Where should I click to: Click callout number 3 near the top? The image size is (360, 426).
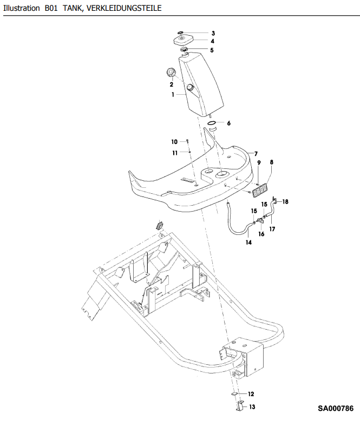[213, 33]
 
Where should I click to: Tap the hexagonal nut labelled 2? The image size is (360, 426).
[171, 73]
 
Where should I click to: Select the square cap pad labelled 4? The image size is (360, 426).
[183, 41]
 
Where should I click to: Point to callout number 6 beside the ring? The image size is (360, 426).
[229, 123]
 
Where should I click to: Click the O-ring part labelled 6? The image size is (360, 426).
[212, 123]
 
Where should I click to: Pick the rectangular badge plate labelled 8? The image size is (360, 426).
[260, 190]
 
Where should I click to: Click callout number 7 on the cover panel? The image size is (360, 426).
[256, 154]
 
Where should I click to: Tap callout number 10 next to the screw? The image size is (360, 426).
[174, 142]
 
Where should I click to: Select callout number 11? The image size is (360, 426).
[175, 153]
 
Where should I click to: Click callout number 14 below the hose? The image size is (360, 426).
[249, 243]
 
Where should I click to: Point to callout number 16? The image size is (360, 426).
[261, 234]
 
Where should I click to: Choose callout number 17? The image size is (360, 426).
[272, 229]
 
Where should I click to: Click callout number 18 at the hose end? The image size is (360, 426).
[285, 201]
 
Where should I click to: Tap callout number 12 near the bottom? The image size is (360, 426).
[251, 394]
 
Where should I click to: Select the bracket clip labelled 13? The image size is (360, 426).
[239, 405]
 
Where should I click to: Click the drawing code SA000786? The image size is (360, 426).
[336, 408]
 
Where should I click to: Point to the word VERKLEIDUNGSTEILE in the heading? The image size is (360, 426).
[124, 8]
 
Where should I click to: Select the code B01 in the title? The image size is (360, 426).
[51, 8]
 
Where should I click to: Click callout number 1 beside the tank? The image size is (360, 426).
[173, 95]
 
